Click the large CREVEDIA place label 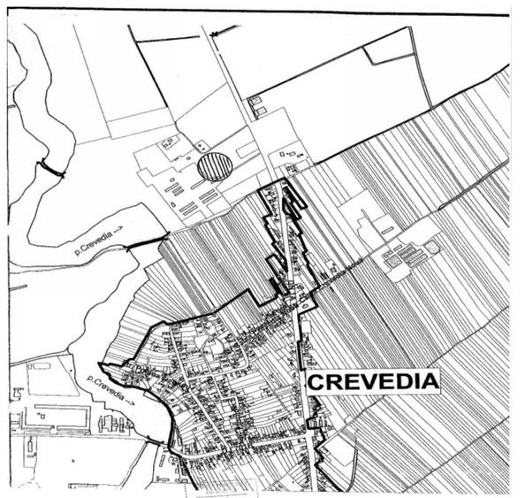[372, 381]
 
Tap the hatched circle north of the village [215, 166]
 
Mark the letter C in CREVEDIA [315, 381]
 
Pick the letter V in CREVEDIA [362, 381]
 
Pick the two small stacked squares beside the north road [255, 105]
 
